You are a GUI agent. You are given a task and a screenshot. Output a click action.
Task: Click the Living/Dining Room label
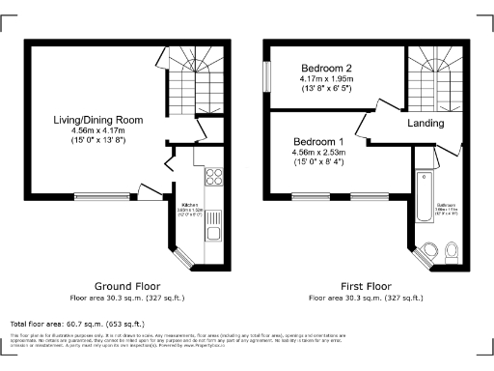click(x=98, y=120)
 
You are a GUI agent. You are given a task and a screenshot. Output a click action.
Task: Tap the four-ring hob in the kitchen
click(x=214, y=177)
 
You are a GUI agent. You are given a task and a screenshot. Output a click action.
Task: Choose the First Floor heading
click(x=366, y=286)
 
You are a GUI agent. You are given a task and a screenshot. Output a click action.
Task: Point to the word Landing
click(x=425, y=123)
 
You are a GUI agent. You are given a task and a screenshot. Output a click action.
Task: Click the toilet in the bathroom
click(x=453, y=251)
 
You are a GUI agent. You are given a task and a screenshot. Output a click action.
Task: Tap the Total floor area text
click(x=77, y=324)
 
